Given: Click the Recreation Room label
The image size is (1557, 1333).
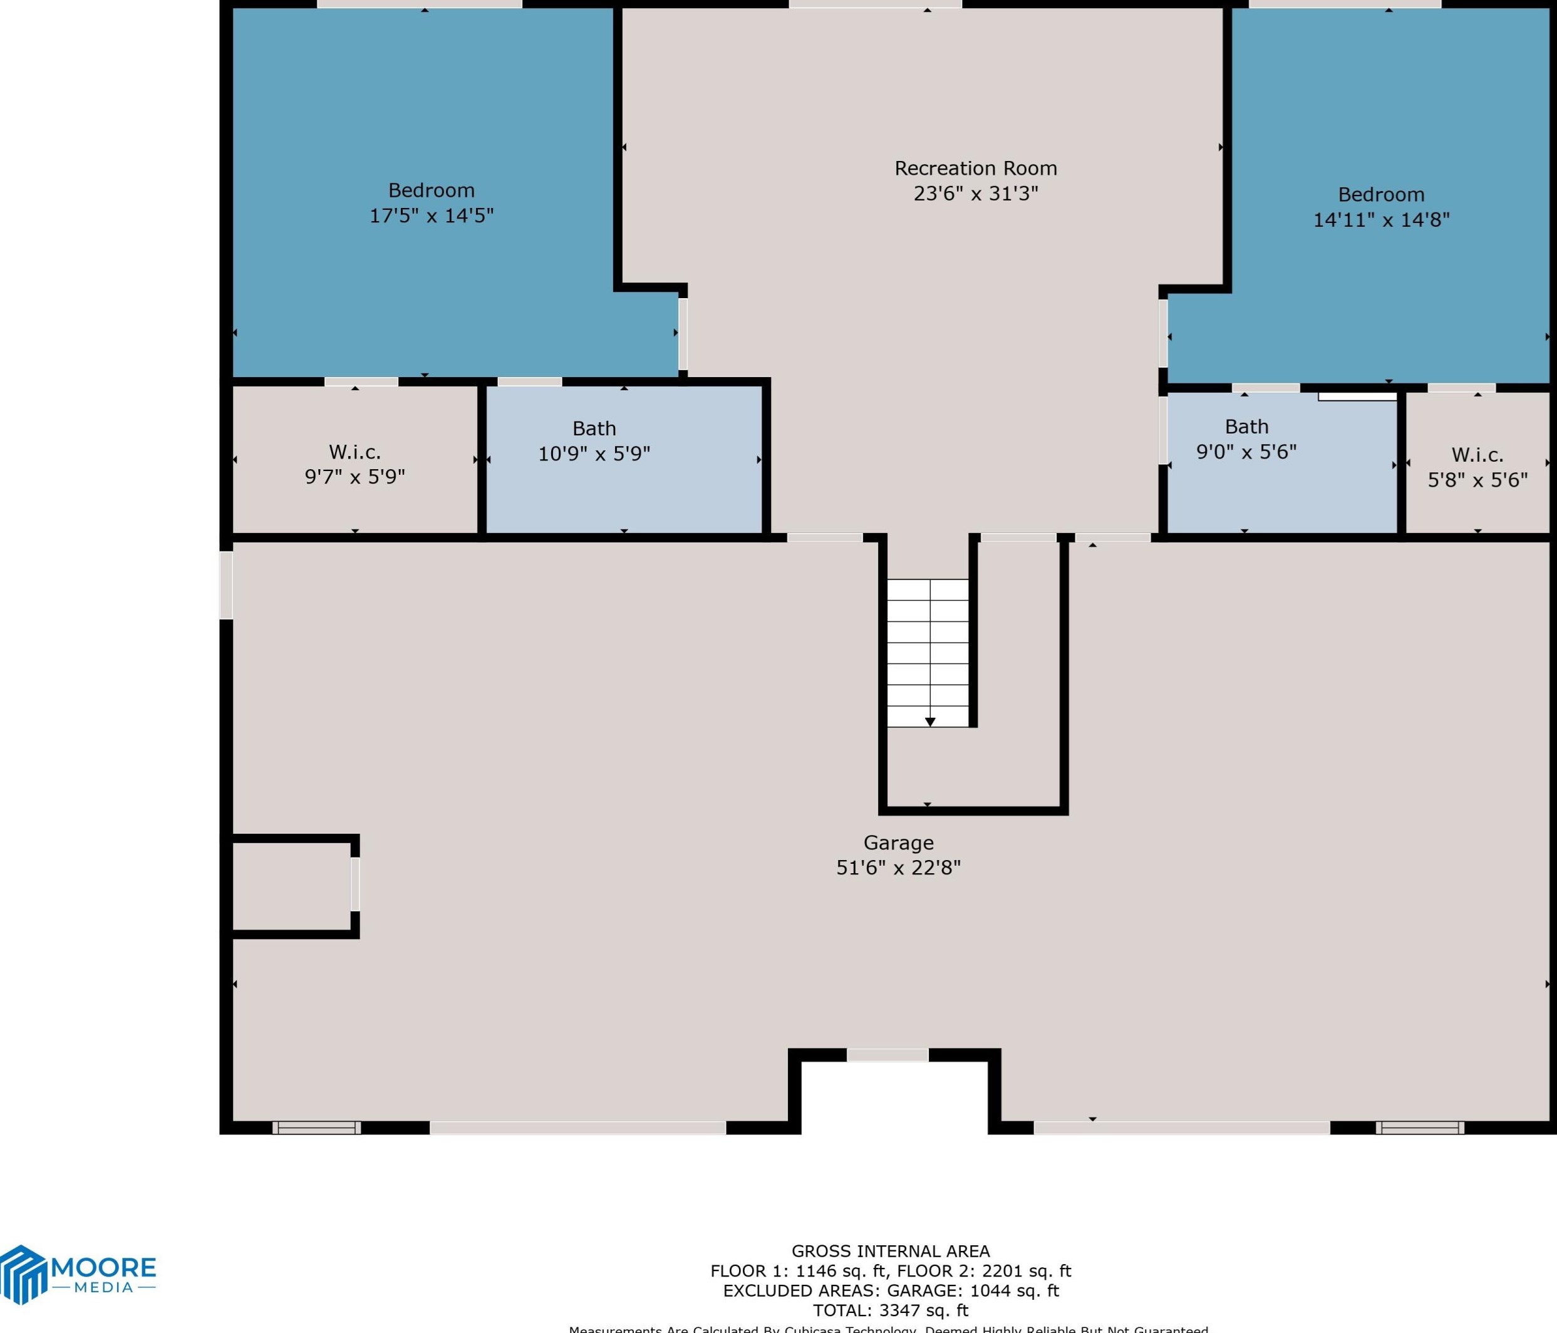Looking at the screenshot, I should [975, 169].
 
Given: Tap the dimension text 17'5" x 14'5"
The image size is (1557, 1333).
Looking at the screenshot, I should [432, 215].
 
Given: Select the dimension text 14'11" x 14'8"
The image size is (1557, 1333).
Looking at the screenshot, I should [1381, 220].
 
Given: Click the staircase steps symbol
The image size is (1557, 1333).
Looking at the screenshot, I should [928, 652].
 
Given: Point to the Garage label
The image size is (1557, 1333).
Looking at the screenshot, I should [898, 843].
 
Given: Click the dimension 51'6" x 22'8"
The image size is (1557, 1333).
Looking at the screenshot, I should [898, 868].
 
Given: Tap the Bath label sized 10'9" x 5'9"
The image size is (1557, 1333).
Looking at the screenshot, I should [594, 428].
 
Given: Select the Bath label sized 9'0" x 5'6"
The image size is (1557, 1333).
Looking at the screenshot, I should [1246, 427].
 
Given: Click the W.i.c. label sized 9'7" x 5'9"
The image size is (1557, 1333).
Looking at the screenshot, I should [354, 452].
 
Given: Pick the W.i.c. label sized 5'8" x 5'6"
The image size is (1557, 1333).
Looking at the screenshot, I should [1477, 455].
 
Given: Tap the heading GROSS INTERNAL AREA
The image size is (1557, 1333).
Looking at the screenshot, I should [891, 1251].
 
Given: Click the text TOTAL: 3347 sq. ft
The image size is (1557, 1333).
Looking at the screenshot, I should [891, 1310].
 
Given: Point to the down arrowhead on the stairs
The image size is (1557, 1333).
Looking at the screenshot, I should [930, 722].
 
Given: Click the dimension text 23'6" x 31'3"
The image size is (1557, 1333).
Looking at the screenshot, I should [975, 194].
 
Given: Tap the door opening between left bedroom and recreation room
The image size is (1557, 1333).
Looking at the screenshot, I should [682, 334].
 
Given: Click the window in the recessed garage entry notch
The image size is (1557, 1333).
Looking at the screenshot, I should [887, 1055].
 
